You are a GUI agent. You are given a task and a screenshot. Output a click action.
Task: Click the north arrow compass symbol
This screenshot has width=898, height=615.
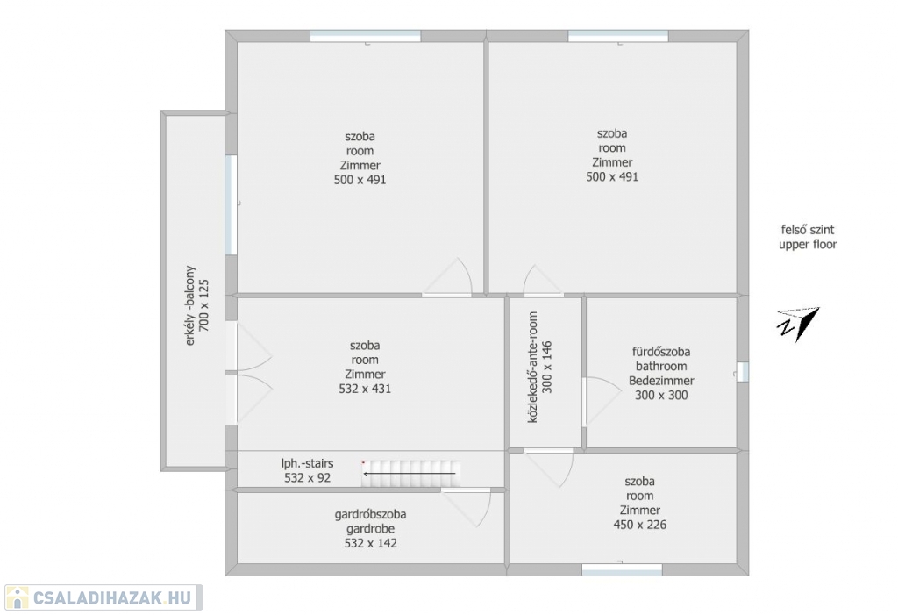(x=798, y=324)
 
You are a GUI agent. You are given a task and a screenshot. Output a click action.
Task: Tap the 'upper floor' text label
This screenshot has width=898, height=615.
(x=808, y=245)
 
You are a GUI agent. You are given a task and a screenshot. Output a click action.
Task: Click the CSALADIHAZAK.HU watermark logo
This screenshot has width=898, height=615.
(x=103, y=597)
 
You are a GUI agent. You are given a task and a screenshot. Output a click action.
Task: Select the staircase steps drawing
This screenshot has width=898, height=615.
(x=410, y=474)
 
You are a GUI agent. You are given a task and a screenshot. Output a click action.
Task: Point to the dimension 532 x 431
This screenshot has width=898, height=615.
(x=365, y=389)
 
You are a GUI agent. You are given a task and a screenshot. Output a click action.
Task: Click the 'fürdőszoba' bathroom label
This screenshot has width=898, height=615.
(x=661, y=352)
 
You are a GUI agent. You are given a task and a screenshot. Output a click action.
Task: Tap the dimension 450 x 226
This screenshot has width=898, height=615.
(x=639, y=525)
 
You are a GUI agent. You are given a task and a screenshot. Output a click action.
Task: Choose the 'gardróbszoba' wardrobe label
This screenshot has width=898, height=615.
(x=371, y=514)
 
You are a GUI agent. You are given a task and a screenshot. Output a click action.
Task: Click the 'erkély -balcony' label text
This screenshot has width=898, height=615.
(x=190, y=305)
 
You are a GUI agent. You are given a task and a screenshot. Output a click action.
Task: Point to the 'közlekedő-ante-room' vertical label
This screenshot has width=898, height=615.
(x=532, y=368)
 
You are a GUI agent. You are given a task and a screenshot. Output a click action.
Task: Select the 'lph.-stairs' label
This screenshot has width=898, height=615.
(x=307, y=463)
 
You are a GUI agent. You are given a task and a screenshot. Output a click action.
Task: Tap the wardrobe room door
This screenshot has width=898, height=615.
(x=467, y=507)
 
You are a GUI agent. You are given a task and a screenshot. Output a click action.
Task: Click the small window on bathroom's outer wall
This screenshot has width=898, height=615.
(x=742, y=372)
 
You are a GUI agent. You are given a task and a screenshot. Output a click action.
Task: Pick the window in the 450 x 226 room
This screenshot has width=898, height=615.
(x=622, y=569)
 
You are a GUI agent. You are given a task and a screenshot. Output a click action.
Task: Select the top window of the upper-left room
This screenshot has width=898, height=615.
(x=366, y=36)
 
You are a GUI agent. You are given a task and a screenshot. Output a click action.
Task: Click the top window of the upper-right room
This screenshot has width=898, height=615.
(x=618, y=36)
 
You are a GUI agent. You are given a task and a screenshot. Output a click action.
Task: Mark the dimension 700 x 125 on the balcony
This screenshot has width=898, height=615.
(x=203, y=305)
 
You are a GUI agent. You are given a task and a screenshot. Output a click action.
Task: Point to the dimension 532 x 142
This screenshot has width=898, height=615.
(x=371, y=543)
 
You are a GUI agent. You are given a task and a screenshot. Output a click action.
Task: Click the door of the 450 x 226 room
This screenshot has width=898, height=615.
(x=550, y=468)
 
